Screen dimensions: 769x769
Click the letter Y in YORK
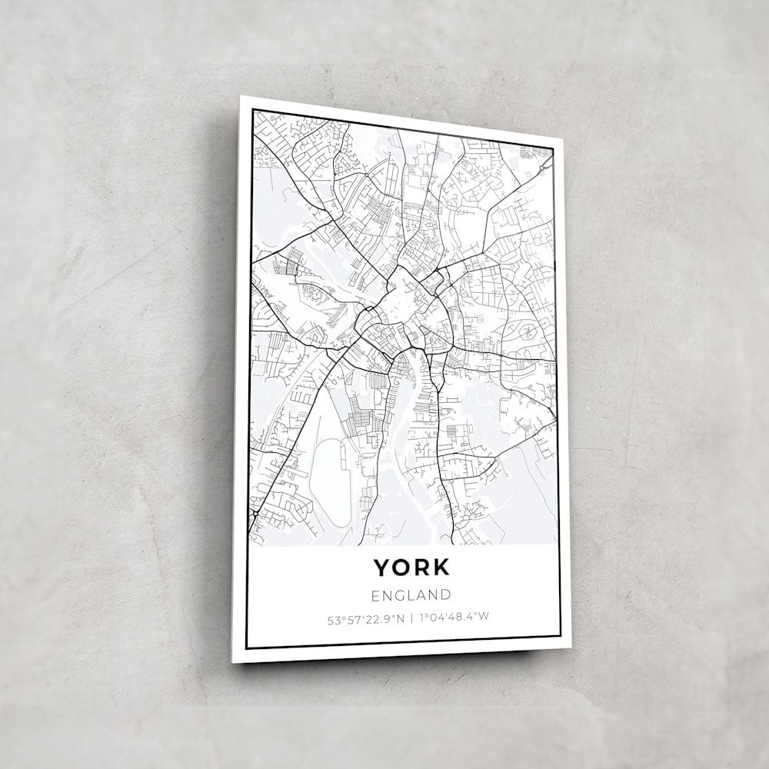pos(382,568)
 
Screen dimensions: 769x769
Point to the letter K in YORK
pos(441,568)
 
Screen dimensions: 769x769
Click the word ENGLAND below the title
pos(411,595)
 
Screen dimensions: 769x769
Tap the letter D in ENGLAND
pos(445,595)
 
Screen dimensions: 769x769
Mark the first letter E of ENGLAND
pos(375,595)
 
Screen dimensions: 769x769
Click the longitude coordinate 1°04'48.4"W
pos(454,617)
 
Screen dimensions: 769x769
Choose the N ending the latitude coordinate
pos(400,617)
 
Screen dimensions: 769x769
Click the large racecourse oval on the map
pos(331,482)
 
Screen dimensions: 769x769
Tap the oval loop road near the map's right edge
pos(528,331)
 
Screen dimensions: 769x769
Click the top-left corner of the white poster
pos(241,97)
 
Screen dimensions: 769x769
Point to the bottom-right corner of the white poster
pos(571,647)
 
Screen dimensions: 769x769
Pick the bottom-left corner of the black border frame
pos(246,647)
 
